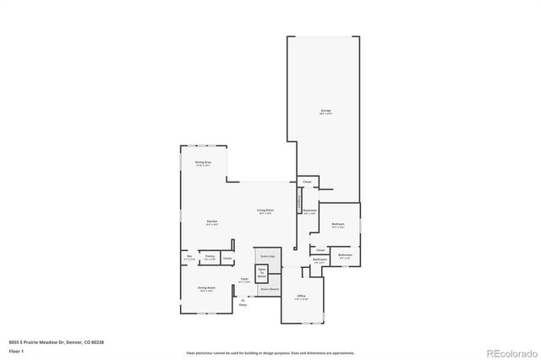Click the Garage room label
click(x=325, y=110)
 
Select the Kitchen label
click(x=212, y=221)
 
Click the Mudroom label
click(x=310, y=210)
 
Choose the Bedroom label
click(x=337, y=224)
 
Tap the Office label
click(x=301, y=296)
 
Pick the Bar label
click(x=189, y=256)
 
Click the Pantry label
click(x=209, y=256)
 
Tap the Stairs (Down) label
click(x=269, y=288)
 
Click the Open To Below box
click(x=262, y=273)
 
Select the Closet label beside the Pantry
click(x=227, y=258)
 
